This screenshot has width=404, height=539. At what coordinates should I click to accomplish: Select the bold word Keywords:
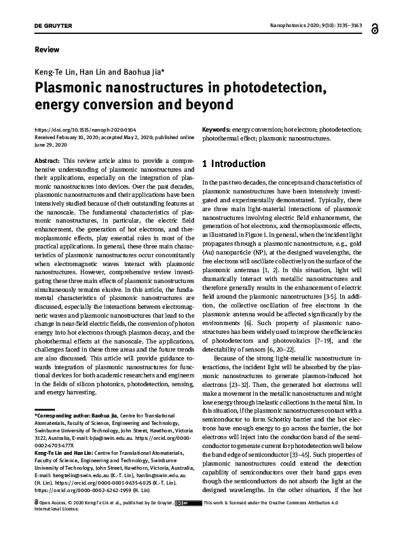tap(217, 129)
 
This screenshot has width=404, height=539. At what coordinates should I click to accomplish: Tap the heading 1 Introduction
tap(234, 164)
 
